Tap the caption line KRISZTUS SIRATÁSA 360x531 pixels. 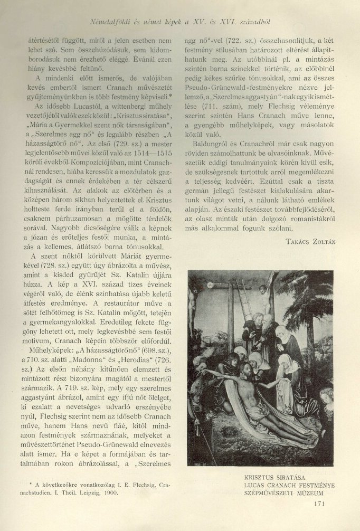tap(268, 477)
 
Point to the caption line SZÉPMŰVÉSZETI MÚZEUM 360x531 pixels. tap(279, 494)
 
